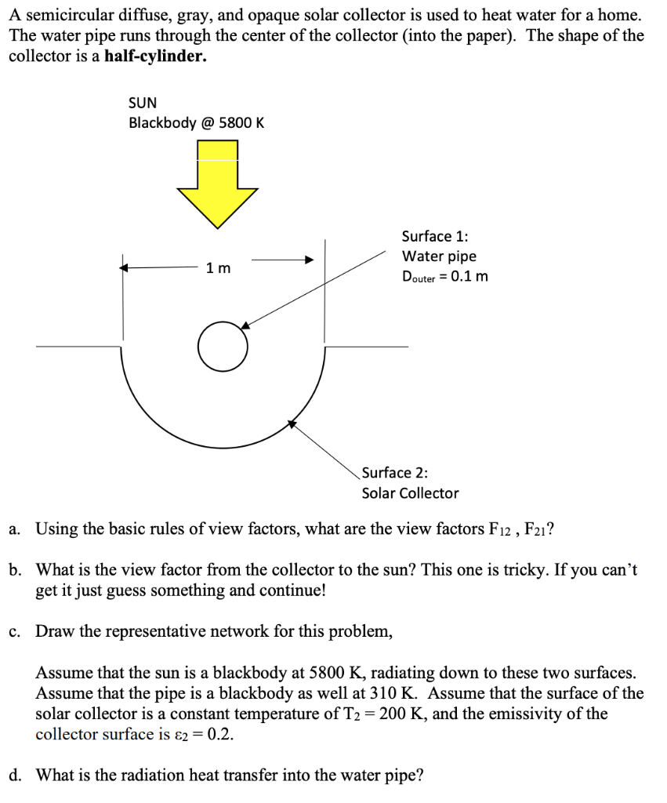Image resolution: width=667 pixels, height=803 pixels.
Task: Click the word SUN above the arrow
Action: click(143, 103)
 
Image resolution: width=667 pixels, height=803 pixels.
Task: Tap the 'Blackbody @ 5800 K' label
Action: click(197, 123)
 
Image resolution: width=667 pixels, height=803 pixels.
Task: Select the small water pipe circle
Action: click(222, 346)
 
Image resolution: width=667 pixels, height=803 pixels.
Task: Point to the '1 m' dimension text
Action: click(219, 268)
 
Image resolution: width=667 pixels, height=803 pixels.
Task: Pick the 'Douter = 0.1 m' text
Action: click(444, 276)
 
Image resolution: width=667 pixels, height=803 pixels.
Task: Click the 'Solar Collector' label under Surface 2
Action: click(410, 493)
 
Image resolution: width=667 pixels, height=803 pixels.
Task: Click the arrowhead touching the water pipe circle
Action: click(245, 325)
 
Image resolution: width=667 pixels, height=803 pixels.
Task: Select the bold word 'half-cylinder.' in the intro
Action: click(155, 56)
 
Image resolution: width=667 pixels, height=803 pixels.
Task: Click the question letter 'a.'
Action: click(16, 529)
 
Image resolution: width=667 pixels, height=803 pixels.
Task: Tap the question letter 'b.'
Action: click(16, 569)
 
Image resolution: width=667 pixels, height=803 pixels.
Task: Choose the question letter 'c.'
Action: click(15, 630)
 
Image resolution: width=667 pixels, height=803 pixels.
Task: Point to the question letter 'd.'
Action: click(16, 776)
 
